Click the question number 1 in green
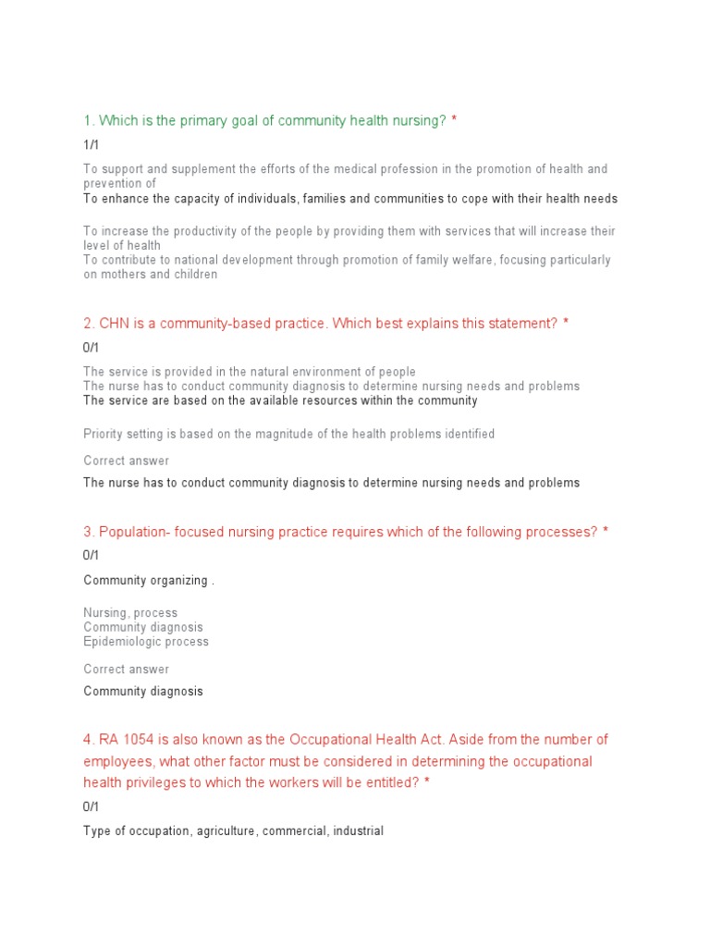[88, 121]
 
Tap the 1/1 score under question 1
[91, 145]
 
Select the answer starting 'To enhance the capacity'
[349, 199]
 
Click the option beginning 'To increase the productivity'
[349, 231]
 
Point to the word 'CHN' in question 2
[116, 324]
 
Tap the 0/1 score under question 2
[91, 348]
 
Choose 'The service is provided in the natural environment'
[249, 372]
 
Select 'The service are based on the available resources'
[280, 400]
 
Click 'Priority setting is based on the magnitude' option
[288, 434]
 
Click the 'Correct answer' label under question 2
[126, 461]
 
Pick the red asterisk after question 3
[606, 532]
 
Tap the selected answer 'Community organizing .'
[149, 580]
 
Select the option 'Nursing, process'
[130, 612]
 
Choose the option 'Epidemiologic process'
[146, 641]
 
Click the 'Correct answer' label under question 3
[126, 669]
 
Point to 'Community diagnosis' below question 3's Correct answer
[143, 691]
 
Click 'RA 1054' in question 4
[127, 740]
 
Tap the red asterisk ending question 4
[427, 782]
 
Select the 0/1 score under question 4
[91, 806]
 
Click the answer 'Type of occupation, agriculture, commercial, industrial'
[233, 830]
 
